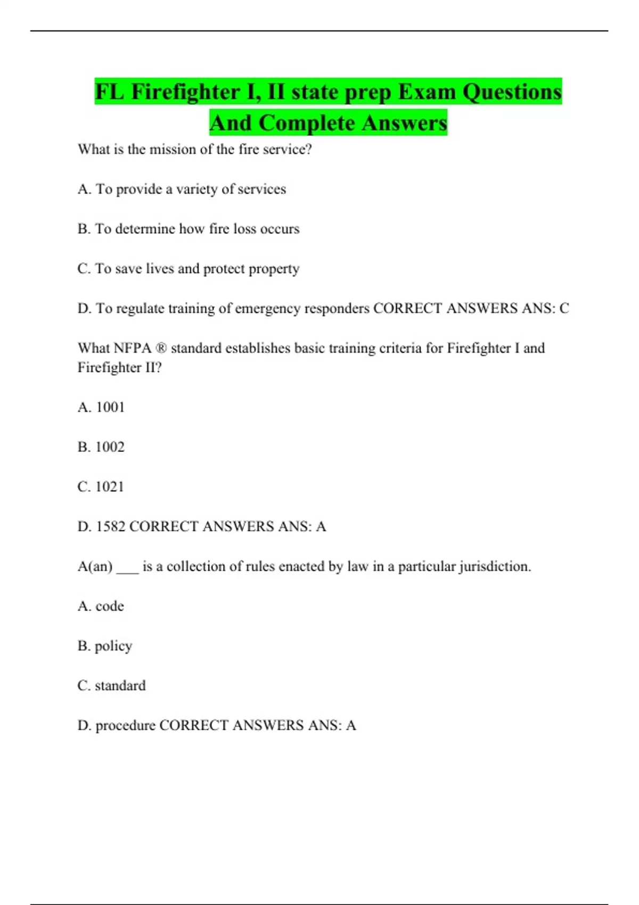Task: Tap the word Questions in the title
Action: [x=511, y=92]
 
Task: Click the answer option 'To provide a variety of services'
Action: [x=191, y=189]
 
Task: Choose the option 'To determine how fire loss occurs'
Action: [x=197, y=229]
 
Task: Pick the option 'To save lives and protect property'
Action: [x=197, y=269]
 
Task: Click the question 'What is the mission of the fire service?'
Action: [x=194, y=149]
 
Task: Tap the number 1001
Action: [x=110, y=407]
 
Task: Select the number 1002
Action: [x=110, y=447]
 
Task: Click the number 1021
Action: [x=109, y=487]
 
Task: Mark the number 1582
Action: [x=110, y=526]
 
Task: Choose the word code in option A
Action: [x=110, y=606]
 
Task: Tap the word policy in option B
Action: [x=113, y=646]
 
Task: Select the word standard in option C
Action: [x=120, y=686]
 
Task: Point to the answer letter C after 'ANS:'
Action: [x=564, y=309]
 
